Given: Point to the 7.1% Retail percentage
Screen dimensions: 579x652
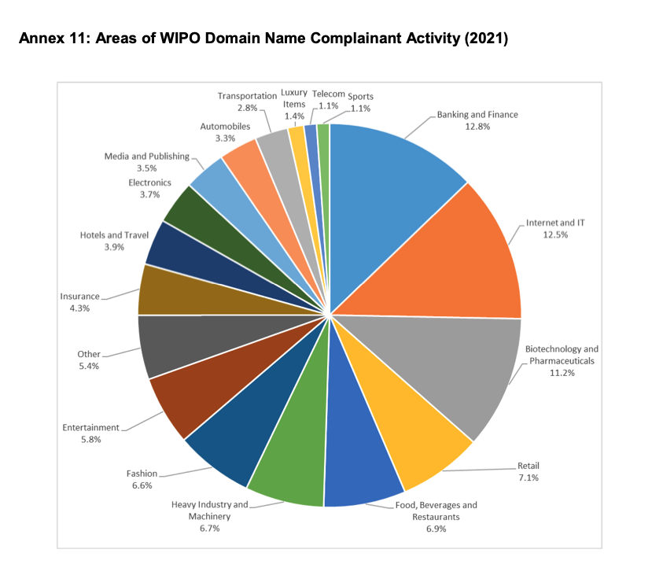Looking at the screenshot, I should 528,477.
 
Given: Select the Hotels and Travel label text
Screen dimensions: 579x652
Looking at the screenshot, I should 114,234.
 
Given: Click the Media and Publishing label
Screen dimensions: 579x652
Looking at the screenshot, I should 147,156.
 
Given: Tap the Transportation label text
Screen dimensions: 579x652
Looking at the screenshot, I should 247,96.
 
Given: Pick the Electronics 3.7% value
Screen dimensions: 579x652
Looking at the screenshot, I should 149,194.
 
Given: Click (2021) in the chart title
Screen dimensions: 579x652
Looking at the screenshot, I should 486,39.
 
